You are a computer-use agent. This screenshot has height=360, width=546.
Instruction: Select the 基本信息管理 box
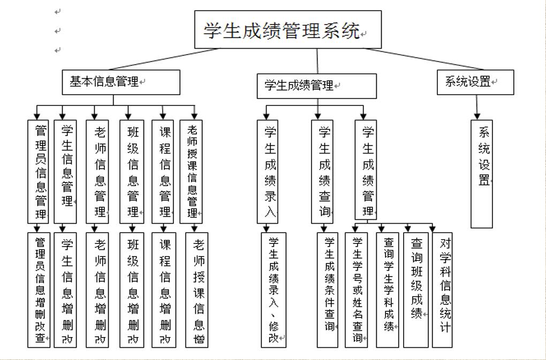tap(120, 82)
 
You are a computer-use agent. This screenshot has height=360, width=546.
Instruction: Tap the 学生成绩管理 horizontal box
tap(316, 86)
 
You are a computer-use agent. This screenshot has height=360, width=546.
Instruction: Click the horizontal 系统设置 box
tap(475, 82)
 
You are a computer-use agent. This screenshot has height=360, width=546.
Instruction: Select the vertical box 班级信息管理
tap(132, 171)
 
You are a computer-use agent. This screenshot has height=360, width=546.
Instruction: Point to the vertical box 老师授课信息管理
tap(191, 171)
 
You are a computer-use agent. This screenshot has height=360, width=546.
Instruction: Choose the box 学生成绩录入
tap(267, 171)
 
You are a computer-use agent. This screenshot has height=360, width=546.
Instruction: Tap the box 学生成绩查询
tap(322, 171)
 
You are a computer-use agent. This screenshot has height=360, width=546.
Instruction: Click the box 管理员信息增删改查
tap(39, 289)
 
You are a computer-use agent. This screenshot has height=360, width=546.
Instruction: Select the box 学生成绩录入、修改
tap(274, 289)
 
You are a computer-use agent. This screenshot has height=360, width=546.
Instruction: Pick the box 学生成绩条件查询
tap(328, 289)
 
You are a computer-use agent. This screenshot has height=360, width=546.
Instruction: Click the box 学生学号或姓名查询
tap(356, 289)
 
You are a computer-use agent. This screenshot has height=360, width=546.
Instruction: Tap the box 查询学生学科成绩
tap(388, 289)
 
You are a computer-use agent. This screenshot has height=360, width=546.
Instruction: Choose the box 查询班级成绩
tap(416, 289)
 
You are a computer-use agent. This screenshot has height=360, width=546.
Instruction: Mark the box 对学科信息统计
tap(444, 289)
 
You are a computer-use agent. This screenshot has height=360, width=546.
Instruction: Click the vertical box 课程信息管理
tap(163, 171)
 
